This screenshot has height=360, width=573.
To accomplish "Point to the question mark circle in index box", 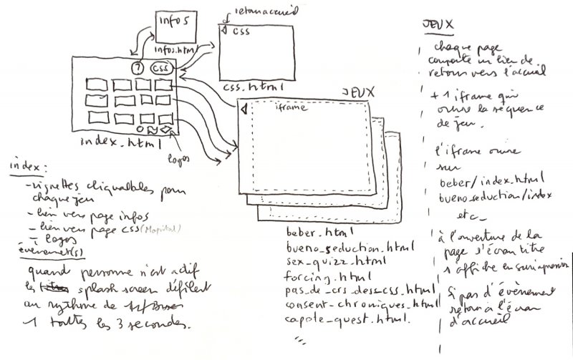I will coord(138,69).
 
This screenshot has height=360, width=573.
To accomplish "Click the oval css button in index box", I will coord(162,68).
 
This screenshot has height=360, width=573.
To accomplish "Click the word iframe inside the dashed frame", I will coord(290,108).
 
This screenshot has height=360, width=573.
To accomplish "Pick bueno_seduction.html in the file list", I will coord(349,248).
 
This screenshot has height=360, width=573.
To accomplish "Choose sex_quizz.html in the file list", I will coord(332,262).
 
